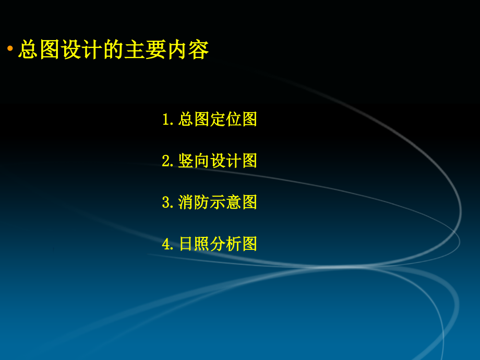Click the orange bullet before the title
pyautogui.click(x=10, y=49)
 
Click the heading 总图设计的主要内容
pyautogui.click(x=113, y=50)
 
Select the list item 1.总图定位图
pyautogui.click(x=210, y=119)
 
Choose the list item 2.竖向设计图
pyautogui.click(x=210, y=161)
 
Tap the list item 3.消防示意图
pyautogui.click(x=210, y=202)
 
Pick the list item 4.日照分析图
pyautogui.click(x=210, y=244)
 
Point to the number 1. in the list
pyautogui.click(x=168, y=120)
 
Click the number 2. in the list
pyautogui.click(x=168, y=161)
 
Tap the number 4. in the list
pyautogui.click(x=168, y=244)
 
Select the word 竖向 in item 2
pyautogui.click(x=194, y=161)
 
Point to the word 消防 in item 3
pyautogui.click(x=194, y=202)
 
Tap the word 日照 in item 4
pyautogui.click(x=194, y=244)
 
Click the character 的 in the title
pyautogui.click(x=113, y=50)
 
